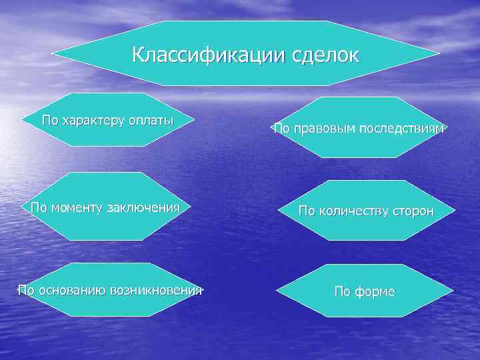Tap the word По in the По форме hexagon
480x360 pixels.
click(x=342, y=292)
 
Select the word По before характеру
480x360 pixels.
click(x=50, y=121)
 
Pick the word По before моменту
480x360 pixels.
click(x=39, y=207)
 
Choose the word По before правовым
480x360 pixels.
click(x=282, y=128)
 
